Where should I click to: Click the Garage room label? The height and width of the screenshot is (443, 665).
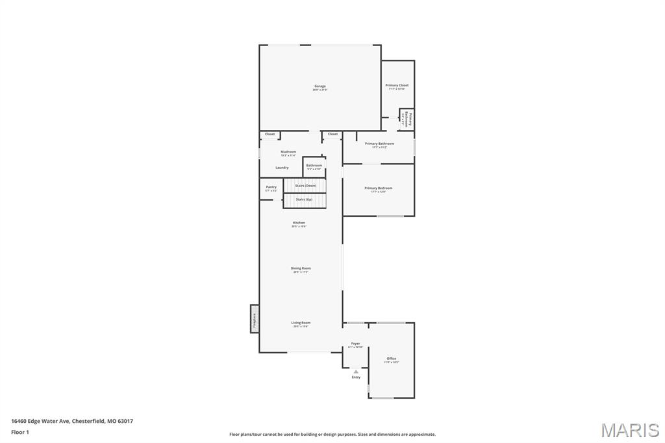tap(320, 86)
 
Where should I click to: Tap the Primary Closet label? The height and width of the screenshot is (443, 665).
tap(397, 86)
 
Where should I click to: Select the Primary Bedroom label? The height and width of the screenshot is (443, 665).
tap(378, 188)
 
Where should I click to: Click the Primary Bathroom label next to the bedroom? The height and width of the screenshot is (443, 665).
tap(379, 144)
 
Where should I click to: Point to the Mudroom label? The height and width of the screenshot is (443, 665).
tap(288, 152)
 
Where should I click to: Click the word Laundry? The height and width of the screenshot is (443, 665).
tap(282, 168)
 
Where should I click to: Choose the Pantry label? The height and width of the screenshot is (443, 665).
tap(271, 187)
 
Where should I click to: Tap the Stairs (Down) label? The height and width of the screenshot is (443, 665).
tap(305, 186)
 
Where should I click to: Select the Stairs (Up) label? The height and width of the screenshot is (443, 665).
tap(304, 199)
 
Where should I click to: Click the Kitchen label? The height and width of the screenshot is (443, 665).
tap(299, 223)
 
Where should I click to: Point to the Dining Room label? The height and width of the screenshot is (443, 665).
tap(301, 268)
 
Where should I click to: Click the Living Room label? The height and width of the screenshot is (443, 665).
tap(301, 323)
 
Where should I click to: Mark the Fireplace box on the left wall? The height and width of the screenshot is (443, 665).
tap(255, 318)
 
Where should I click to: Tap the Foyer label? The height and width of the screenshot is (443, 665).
tap(355, 344)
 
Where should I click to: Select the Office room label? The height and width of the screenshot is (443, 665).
tap(391, 359)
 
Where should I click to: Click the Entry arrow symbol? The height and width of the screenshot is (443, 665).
tap(356, 372)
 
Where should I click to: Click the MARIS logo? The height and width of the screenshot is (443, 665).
tap(630, 430)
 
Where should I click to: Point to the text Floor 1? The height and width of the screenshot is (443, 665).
tap(20, 432)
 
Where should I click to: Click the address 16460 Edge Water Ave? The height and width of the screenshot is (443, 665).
tap(40, 421)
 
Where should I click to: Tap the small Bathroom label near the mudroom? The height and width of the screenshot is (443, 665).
tap(314, 166)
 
